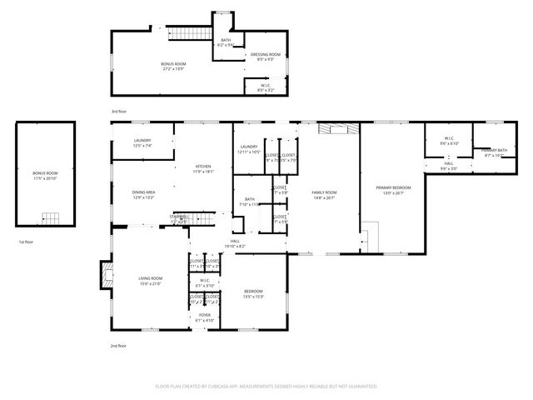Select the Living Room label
[x=150, y=281]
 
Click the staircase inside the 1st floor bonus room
[x=52, y=219]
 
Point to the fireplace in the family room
[x=340, y=128]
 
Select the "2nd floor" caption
[x=118, y=345]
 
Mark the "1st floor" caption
[x=26, y=242]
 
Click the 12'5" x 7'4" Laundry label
[x=142, y=143]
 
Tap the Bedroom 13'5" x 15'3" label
[x=253, y=293]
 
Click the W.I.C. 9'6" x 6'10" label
[x=449, y=141]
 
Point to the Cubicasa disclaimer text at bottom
[x=266, y=386]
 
